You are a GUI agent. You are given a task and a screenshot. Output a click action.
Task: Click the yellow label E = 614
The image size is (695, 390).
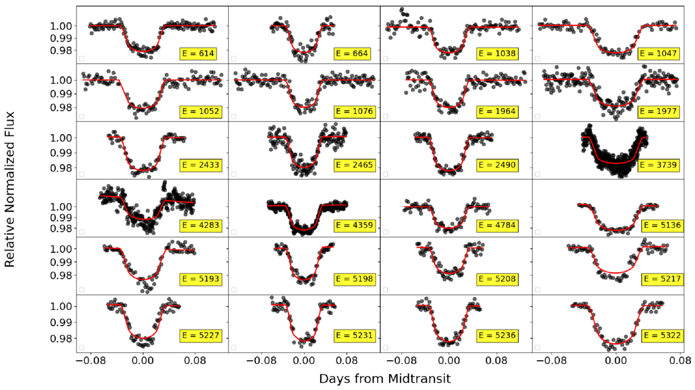198,54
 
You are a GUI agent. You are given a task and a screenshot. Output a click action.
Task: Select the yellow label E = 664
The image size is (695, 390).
352,54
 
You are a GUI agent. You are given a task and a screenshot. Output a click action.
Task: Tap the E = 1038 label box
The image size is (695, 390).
497,54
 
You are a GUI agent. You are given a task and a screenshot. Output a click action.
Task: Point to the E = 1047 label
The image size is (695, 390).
658,54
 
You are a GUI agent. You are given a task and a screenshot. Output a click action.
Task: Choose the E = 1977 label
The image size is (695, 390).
658,111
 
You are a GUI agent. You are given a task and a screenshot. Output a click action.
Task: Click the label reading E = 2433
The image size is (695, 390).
201,165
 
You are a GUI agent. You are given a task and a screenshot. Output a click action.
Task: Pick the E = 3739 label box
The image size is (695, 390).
658,165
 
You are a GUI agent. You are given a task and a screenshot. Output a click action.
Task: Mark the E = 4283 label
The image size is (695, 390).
201,225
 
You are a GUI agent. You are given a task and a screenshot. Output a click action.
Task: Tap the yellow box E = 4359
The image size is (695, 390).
355,225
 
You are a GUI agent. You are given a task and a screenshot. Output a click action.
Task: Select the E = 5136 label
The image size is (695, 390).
662,225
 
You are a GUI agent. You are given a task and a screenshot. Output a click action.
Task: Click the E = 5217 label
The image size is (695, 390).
662,279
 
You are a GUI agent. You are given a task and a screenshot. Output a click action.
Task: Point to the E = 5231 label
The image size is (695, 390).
355,336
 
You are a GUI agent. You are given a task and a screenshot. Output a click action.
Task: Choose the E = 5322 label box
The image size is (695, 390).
662,336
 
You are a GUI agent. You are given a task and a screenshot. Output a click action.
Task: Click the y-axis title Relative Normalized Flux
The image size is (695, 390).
10,189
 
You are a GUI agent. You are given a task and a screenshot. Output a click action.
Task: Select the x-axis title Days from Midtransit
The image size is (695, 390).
385,379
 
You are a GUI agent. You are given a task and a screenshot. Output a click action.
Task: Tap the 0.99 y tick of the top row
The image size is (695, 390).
61,38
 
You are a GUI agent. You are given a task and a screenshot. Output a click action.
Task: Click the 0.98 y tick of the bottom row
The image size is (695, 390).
61,338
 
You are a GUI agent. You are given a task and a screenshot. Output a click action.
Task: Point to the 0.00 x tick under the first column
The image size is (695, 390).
143,361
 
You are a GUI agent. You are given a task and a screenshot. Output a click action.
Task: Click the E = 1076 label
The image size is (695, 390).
355,111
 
